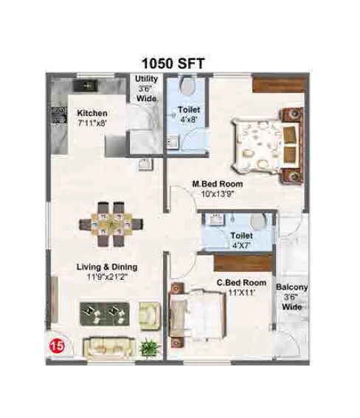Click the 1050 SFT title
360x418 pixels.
[179, 63]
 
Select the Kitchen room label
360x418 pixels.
[92, 113]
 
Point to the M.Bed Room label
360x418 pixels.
[217, 185]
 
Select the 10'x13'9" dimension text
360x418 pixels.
[218, 195]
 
